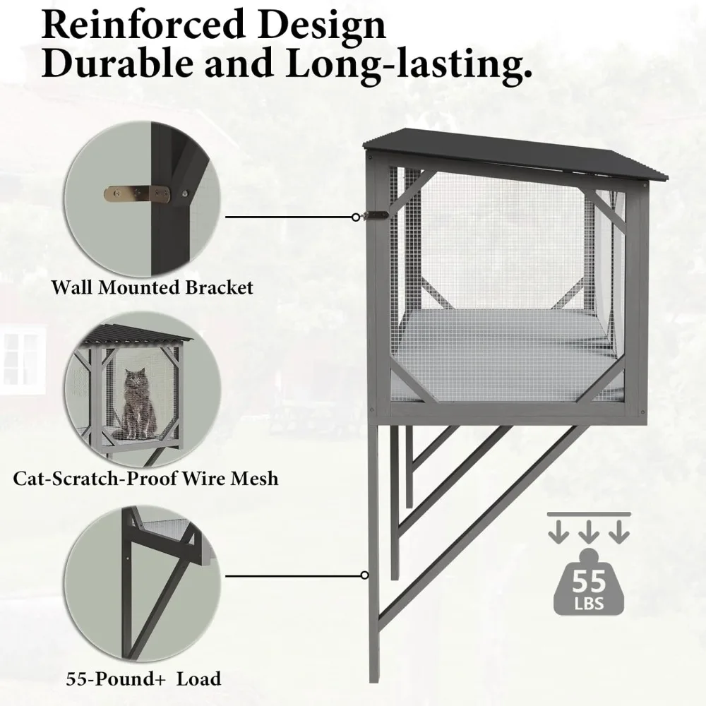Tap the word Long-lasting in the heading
(x=424, y=64)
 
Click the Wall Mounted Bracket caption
(x=152, y=288)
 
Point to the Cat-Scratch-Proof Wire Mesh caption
(x=146, y=479)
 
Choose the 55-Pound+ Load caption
(x=143, y=680)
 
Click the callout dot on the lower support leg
(x=364, y=575)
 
